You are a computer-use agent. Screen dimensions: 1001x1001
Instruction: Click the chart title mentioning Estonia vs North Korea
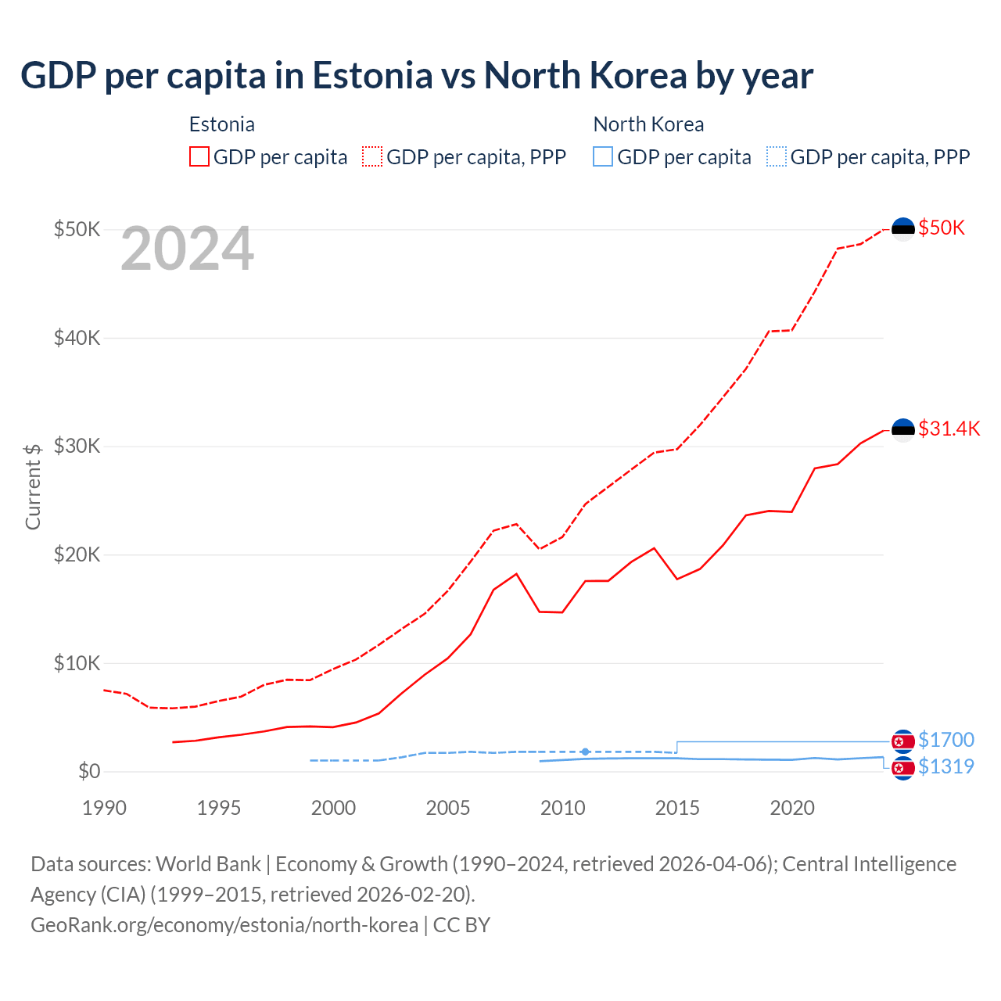[416, 76]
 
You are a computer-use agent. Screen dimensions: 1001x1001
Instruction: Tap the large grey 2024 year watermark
[187, 249]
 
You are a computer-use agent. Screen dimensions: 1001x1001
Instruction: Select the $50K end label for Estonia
[942, 228]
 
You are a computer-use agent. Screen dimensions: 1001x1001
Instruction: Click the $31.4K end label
[949, 429]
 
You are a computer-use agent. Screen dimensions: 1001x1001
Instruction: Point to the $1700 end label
[945, 740]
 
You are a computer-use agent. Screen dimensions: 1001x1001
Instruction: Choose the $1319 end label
[945, 766]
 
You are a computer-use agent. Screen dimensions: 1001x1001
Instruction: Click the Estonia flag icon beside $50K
[903, 228]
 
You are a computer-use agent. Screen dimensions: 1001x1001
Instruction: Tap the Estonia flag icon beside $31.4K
[903, 429]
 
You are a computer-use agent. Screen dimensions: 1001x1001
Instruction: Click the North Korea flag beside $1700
[903, 741]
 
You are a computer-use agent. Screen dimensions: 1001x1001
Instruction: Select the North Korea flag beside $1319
[903, 767]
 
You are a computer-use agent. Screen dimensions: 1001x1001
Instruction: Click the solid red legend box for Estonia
[199, 157]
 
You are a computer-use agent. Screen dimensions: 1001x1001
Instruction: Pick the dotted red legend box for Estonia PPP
[372, 157]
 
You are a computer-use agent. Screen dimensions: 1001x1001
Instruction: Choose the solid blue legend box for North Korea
[603, 157]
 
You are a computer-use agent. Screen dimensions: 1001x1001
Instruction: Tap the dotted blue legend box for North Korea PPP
[777, 157]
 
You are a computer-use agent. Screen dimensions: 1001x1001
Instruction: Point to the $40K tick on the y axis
[77, 338]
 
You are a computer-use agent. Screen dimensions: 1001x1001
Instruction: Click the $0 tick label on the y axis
[89, 772]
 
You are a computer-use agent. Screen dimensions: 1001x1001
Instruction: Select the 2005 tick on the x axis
[447, 808]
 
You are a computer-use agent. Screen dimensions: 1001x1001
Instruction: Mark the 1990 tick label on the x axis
[104, 808]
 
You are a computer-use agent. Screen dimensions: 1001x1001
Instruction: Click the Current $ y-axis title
[33, 486]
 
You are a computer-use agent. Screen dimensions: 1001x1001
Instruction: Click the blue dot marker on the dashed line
[585, 752]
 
